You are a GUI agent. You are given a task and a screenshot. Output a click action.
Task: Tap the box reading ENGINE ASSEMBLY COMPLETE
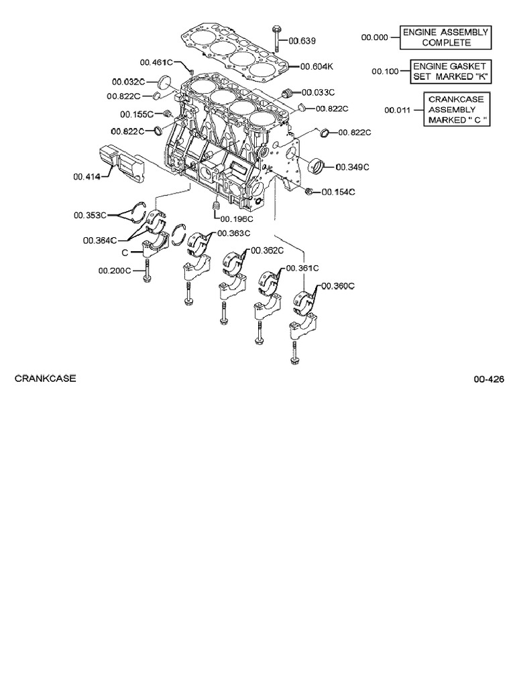445,38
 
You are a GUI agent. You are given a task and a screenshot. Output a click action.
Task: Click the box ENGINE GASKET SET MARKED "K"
449,72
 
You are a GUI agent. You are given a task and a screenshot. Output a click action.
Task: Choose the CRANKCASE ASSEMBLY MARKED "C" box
456,109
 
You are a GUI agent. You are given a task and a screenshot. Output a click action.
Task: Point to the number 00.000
375,38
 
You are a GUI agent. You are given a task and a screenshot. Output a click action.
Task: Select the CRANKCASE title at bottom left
45,379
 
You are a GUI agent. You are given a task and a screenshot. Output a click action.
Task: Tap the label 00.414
86,178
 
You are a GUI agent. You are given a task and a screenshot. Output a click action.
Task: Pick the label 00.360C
337,286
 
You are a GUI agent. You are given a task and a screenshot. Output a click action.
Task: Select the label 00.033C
319,92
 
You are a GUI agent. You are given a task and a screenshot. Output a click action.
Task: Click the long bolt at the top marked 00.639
276,39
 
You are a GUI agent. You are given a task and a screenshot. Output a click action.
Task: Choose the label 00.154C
338,192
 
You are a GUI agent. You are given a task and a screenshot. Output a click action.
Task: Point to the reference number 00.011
398,110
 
